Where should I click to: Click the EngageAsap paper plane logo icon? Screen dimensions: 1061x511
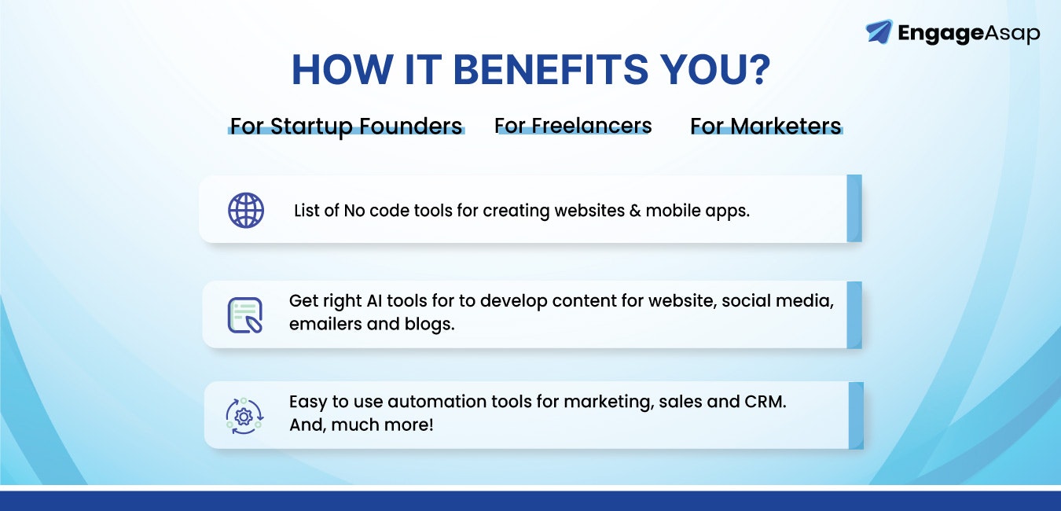click(x=879, y=31)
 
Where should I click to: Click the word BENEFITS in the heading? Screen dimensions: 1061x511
click(x=550, y=70)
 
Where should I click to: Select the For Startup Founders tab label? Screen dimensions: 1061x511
click(x=346, y=127)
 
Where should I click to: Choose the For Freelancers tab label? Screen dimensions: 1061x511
click(x=573, y=126)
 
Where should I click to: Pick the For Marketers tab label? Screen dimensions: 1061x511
click(x=765, y=126)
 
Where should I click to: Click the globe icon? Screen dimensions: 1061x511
click(x=246, y=210)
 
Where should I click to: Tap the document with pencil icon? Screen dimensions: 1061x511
click(x=245, y=315)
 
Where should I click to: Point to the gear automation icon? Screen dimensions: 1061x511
click(x=244, y=417)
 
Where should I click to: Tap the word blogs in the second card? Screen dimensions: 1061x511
click(x=429, y=325)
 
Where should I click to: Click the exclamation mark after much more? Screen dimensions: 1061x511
click(x=431, y=425)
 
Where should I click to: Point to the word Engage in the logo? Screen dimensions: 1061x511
click(x=941, y=34)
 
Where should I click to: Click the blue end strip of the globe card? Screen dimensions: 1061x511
click(x=854, y=208)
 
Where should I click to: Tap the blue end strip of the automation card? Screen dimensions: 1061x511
click(x=856, y=415)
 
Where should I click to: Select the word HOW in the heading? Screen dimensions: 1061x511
click(x=342, y=70)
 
